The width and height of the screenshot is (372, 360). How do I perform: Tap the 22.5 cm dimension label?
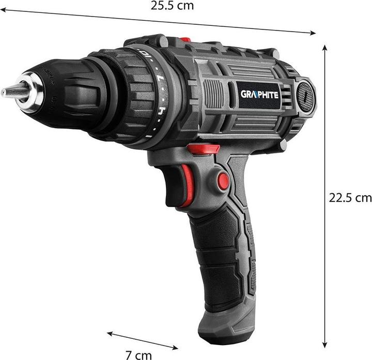[x=350, y=197]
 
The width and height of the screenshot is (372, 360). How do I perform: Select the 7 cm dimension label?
[x=139, y=355]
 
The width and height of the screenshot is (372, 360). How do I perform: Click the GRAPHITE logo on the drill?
[x=259, y=94]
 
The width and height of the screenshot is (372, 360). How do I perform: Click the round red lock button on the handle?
[x=223, y=181]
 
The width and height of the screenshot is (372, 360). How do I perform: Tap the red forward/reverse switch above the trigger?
[x=203, y=149]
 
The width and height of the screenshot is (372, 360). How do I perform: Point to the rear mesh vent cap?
[x=305, y=95]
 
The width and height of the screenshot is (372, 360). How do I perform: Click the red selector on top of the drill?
[x=185, y=39]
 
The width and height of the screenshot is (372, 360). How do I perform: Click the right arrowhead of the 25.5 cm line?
[x=314, y=34]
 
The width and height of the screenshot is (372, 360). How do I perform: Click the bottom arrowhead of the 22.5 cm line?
[x=325, y=345]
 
